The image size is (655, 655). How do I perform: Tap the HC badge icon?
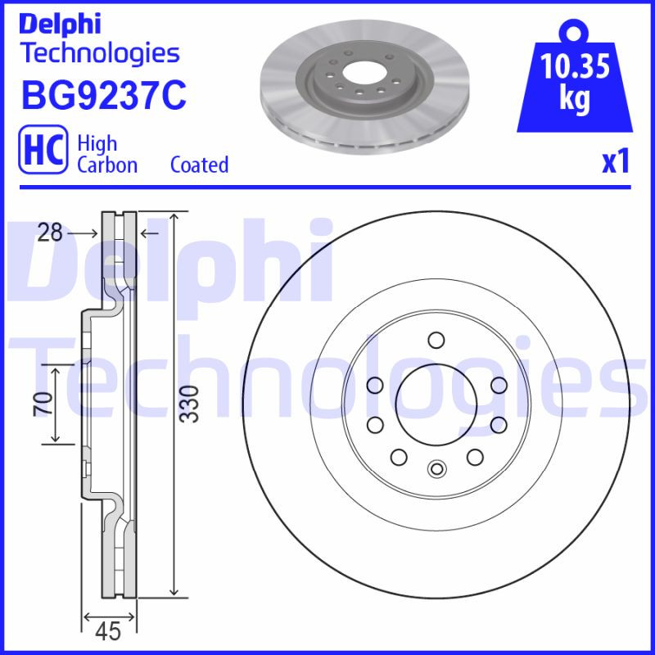(43, 152)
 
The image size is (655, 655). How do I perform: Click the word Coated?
(199, 165)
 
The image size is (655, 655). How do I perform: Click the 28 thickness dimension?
(50, 233)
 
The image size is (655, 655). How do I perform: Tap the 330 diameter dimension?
(189, 403)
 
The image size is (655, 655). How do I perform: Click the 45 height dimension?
(108, 631)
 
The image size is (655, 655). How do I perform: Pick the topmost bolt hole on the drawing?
(436, 340)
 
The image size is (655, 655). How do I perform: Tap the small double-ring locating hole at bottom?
(436, 469)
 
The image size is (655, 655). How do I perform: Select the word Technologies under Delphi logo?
(99, 54)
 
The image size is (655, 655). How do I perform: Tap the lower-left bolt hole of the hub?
(399, 457)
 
